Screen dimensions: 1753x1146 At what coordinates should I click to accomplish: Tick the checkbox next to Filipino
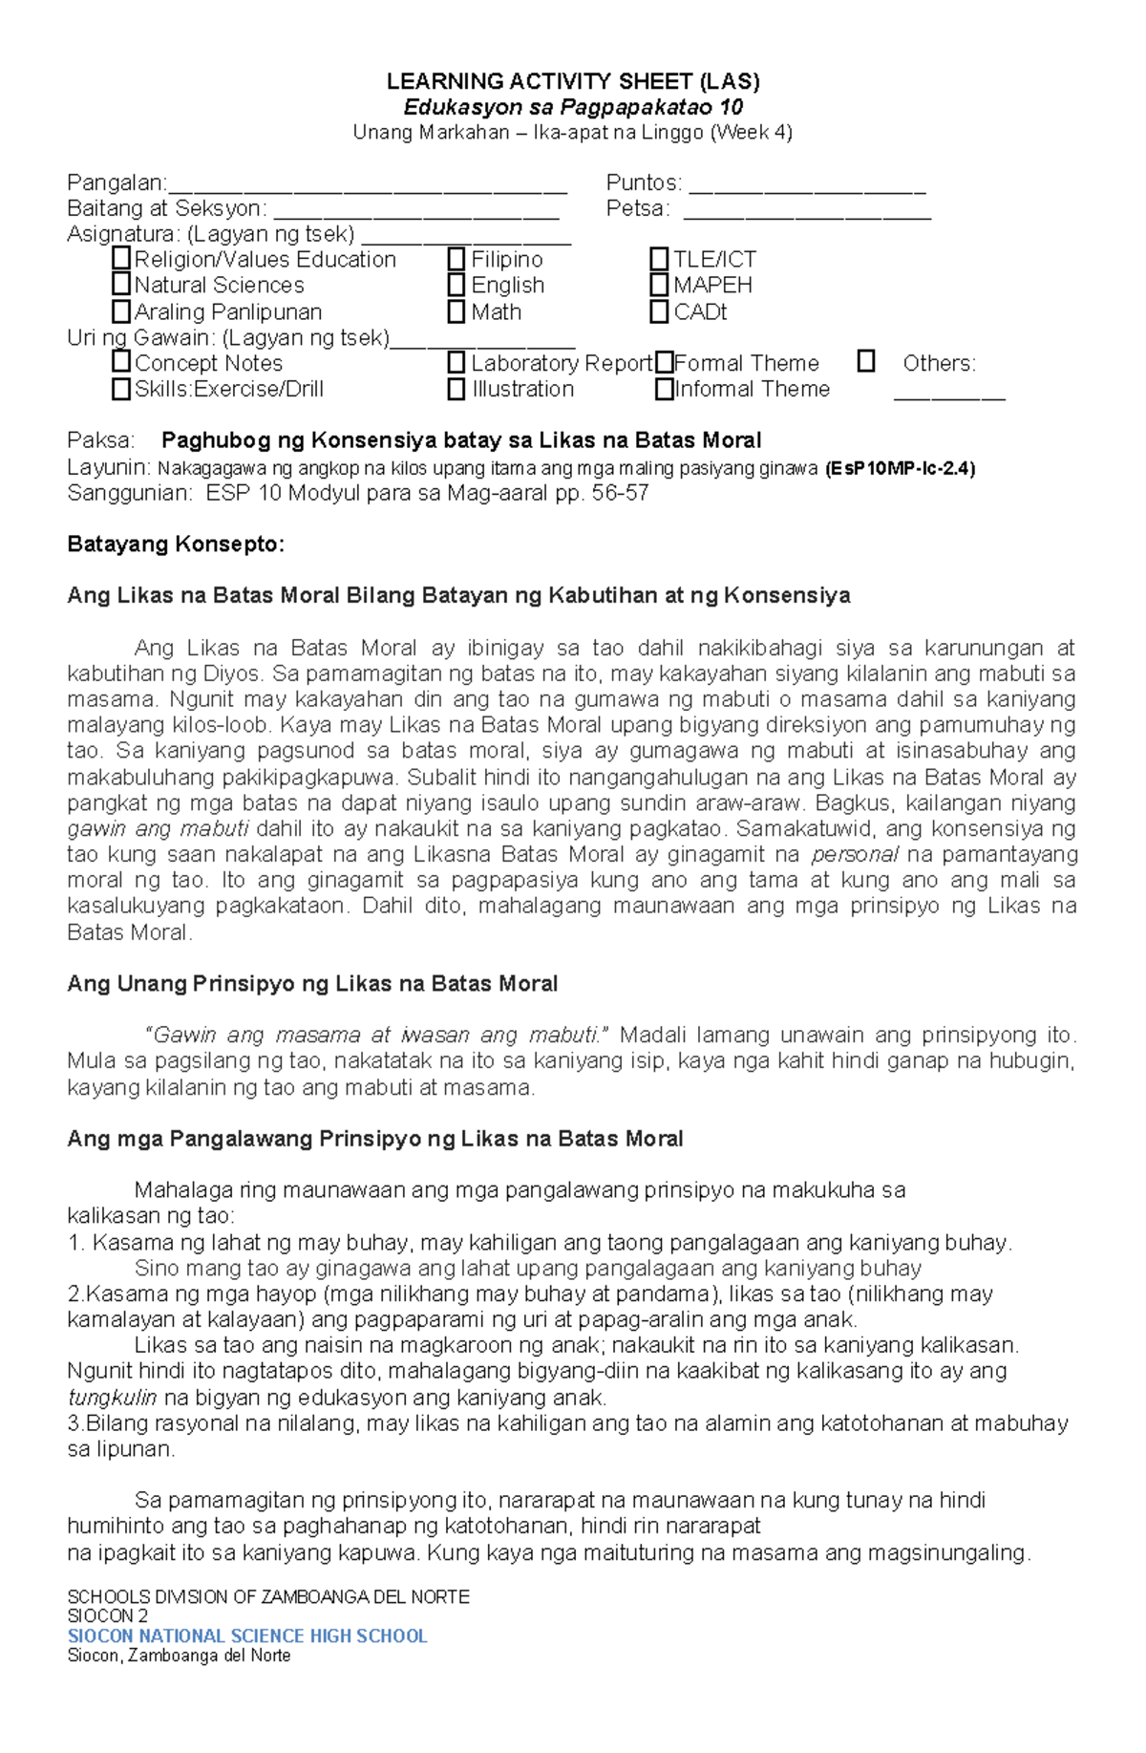tap(456, 259)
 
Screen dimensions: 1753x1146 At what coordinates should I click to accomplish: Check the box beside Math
tap(456, 311)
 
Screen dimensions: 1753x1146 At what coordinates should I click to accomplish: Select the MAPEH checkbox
tap(659, 285)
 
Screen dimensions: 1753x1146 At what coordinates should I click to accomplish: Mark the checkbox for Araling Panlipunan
tap(120, 311)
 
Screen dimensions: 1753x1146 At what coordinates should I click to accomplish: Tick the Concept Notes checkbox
tap(120, 362)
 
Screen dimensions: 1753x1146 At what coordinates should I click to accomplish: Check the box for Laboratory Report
tap(456, 363)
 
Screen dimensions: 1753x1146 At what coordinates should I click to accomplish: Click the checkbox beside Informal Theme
tap(664, 389)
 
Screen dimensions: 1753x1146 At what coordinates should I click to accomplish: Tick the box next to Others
tap(866, 361)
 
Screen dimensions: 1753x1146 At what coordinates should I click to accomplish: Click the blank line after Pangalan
tap(367, 184)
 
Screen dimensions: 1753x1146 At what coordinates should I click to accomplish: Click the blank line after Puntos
tap(807, 184)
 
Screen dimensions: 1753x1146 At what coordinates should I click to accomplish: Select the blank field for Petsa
tap(807, 210)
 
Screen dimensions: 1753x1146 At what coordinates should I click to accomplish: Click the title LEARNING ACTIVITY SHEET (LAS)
tap(573, 81)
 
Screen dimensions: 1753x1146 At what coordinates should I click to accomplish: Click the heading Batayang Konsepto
tap(176, 545)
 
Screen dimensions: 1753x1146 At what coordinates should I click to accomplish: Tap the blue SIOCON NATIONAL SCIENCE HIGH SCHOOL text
tap(247, 1636)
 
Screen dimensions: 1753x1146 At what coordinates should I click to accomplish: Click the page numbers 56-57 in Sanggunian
tap(618, 493)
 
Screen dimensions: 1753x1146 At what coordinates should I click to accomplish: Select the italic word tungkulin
tap(112, 1398)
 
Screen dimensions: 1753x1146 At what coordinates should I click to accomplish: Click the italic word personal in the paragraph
tap(855, 854)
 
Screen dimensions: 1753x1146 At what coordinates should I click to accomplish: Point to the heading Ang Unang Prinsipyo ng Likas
tap(312, 984)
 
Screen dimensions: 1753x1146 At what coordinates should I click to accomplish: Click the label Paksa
tap(100, 440)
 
